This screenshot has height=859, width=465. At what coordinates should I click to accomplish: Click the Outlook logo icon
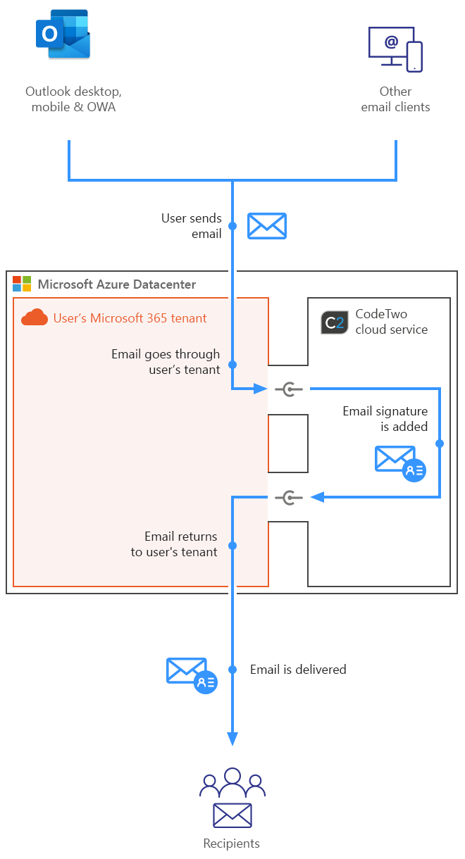pyautogui.click(x=63, y=34)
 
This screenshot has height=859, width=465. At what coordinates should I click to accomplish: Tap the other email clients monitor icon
pyautogui.click(x=395, y=49)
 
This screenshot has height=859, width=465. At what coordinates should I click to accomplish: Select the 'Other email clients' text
pyautogui.click(x=395, y=99)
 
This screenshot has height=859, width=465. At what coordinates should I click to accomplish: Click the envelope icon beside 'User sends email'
pyautogui.click(x=267, y=226)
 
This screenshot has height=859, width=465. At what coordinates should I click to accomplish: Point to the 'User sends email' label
pyautogui.click(x=192, y=226)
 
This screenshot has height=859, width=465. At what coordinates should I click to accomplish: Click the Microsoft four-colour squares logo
pyautogui.click(x=22, y=284)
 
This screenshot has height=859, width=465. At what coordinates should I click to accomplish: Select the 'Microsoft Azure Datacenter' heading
pyautogui.click(x=117, y=284)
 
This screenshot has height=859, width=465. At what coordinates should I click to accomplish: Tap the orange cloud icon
pyautogui.click(x=35, y=318)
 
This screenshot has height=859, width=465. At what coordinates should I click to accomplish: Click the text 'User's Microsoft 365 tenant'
pyautogui.click(x=130, y=318)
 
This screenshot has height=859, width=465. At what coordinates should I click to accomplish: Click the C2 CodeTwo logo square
pyautogui.click(x=334, y=322)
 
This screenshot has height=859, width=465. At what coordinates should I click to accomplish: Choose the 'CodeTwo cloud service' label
pyautogui.click(x=391, y=321)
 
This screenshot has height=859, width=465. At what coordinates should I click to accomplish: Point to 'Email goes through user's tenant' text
pyautogui.click(x=166, y=361)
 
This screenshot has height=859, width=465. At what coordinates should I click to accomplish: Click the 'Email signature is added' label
pyautogui.click(x=385, y=418)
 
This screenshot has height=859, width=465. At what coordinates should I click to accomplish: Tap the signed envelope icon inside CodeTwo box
pyautogui.click(x=399, y=463)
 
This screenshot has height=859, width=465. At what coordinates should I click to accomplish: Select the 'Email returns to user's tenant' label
pyautogui.click(x=174, y=544)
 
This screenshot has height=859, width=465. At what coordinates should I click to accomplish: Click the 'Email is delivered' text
pyautogui.click(x=298, y=670)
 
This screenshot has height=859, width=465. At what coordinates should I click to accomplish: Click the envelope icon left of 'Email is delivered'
pyautogui.click(x=191, y=675)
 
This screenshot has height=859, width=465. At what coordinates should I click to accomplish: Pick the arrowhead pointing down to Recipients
pyautogui.click(x=232, y=737)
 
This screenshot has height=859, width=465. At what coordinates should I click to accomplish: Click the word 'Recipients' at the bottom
pyautogui.click(x=232, y=844)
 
